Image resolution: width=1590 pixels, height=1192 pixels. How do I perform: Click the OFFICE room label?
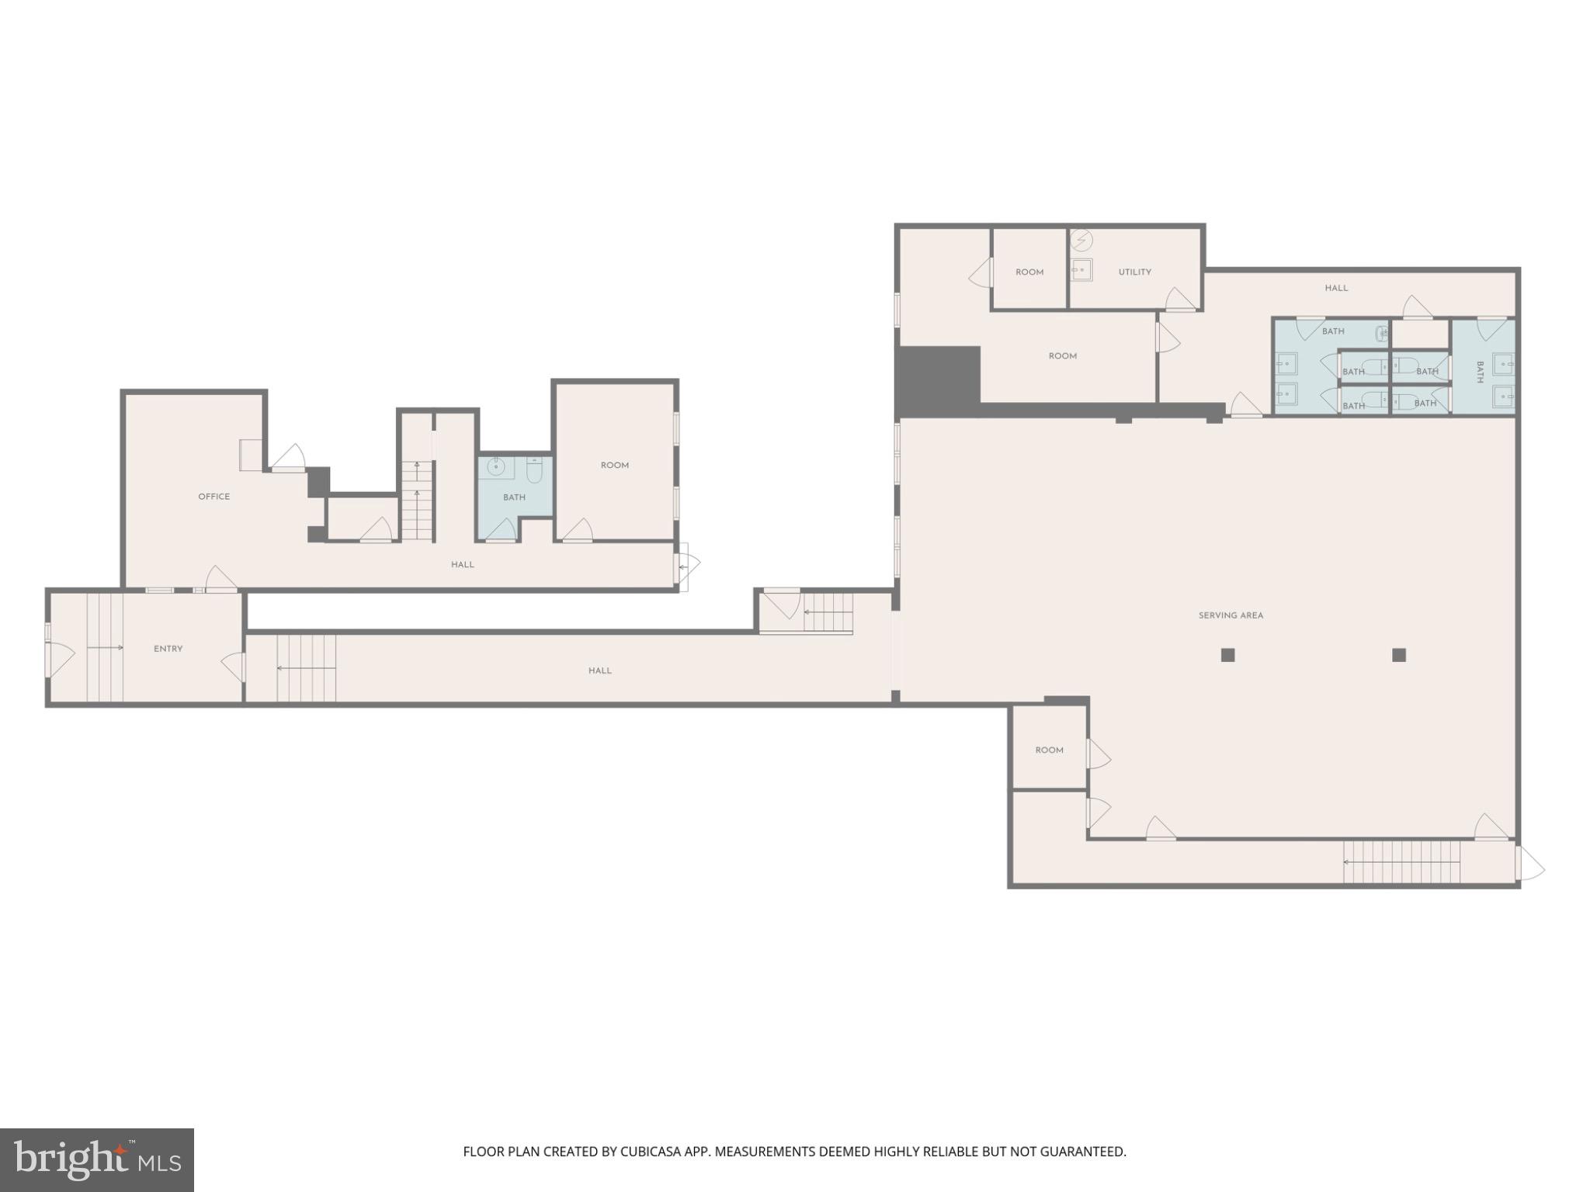pyautogui.click(x=214, y=497)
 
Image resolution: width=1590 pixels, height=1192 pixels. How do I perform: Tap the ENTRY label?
pyautogui.click(x=168, y=649)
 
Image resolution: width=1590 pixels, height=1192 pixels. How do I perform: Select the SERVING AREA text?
pyautogui.click(x=1231, y=615)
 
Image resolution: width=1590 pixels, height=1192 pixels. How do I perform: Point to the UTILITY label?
pyautogui.click(x=1134, y=272)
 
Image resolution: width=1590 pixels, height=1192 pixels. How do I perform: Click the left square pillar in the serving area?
pyautogui.click(x=1227, y=655)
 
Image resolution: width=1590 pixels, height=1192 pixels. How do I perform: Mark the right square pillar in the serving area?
pyautogui.click(x=1399, y=655)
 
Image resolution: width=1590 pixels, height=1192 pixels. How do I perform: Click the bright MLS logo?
pyautogui.click(x=97, y=1160)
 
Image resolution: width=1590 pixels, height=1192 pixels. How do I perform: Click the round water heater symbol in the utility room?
pyautogui.click(x=1081, y=241)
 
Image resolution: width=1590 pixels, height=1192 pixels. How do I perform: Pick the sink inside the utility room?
pyautogui.click(x=1081, y=269)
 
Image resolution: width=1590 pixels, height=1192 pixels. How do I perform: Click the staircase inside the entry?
pyautogui.click(x=105, y=647)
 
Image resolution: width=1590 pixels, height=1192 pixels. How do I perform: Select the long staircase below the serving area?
pyautogui.click(x=1401, y=861)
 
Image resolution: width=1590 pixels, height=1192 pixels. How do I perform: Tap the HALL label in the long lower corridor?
pyautogui.click(x=599, y=670)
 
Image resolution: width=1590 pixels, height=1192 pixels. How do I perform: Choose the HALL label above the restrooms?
pyautogui.click(x=1336, y=288)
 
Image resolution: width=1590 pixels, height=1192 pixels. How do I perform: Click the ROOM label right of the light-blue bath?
pyautogui.click(x=614, y=466)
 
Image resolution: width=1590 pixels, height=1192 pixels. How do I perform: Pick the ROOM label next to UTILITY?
pyautogui.click(x=1029, y=272)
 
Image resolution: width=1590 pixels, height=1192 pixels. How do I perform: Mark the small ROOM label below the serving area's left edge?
pyautogui.click(x=1049, y=750)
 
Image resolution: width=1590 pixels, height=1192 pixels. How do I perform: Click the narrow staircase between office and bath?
pyautogui.click(x=417, y=501)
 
